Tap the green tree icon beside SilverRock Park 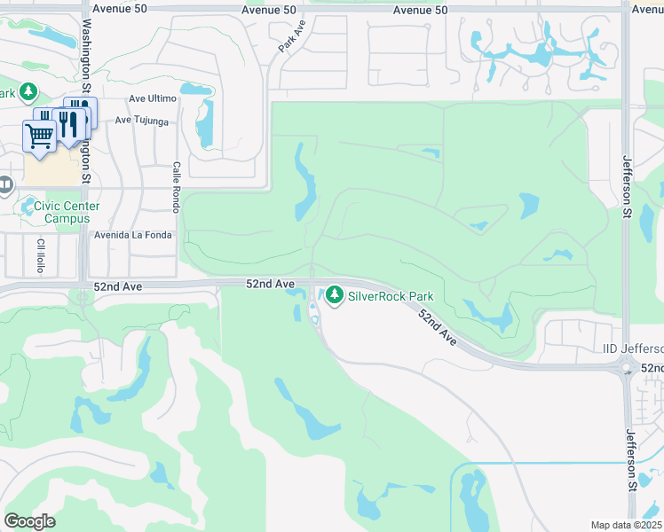click(335, 294)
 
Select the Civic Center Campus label click(67, 212)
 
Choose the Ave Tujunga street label click(141, 120)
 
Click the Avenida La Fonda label click(135, 236)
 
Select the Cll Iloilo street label click(41, 255)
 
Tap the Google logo click(29, 521)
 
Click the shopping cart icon click(39, 136)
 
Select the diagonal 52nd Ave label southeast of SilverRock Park click(437, 328)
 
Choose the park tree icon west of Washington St click(28, 92)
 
